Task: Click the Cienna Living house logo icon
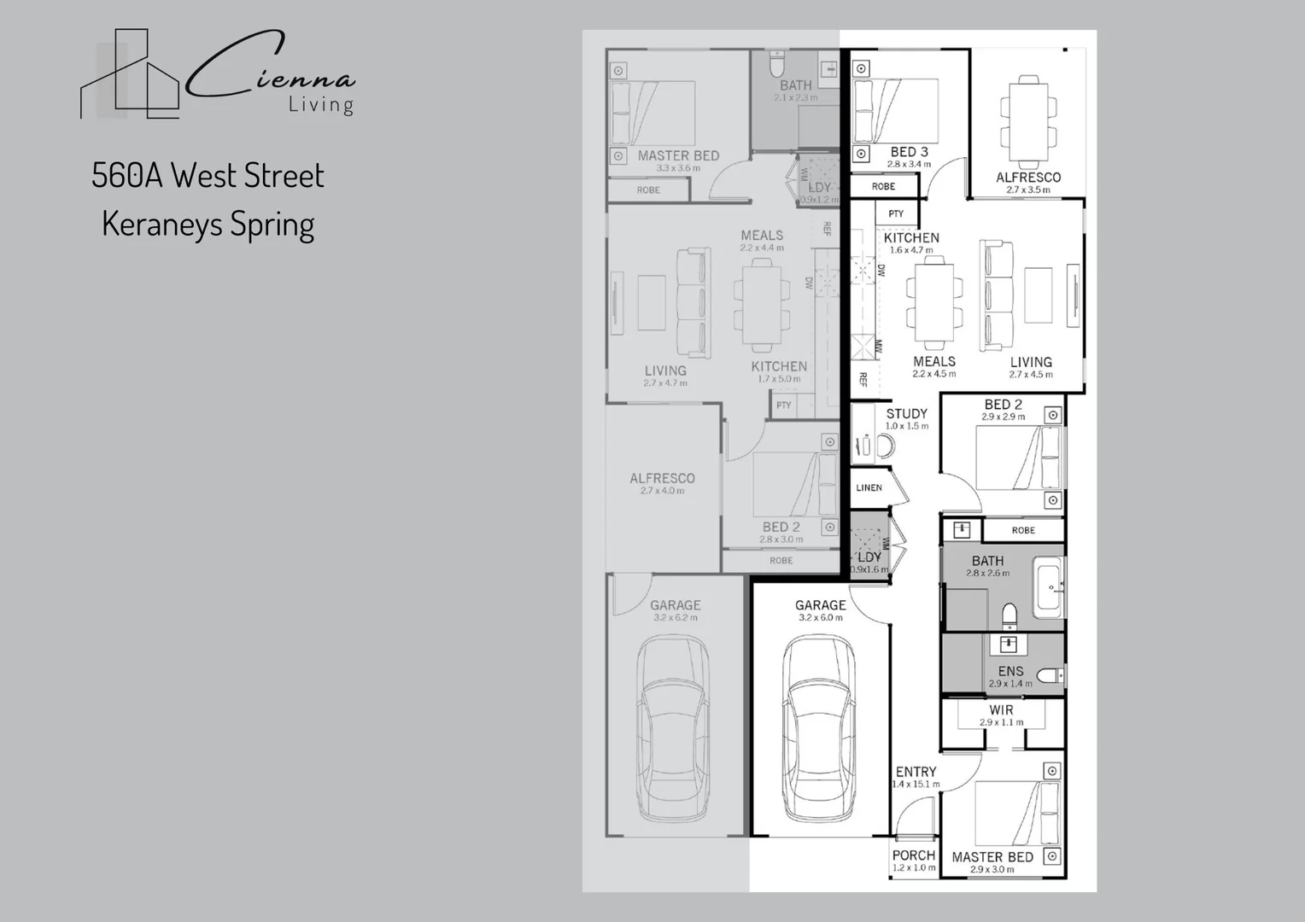130,75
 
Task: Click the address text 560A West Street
208,176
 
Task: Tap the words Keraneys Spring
208,225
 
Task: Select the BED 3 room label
909,152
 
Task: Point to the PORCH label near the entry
913,855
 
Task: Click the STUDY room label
906,414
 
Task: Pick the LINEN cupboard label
869,487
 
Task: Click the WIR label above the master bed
1001,710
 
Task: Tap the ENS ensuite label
1010,672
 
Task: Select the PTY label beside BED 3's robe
896,213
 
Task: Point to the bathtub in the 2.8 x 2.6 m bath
1048,587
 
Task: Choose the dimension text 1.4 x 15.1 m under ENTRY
916,785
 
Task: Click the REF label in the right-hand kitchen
863,379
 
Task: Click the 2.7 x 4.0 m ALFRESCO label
662,479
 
